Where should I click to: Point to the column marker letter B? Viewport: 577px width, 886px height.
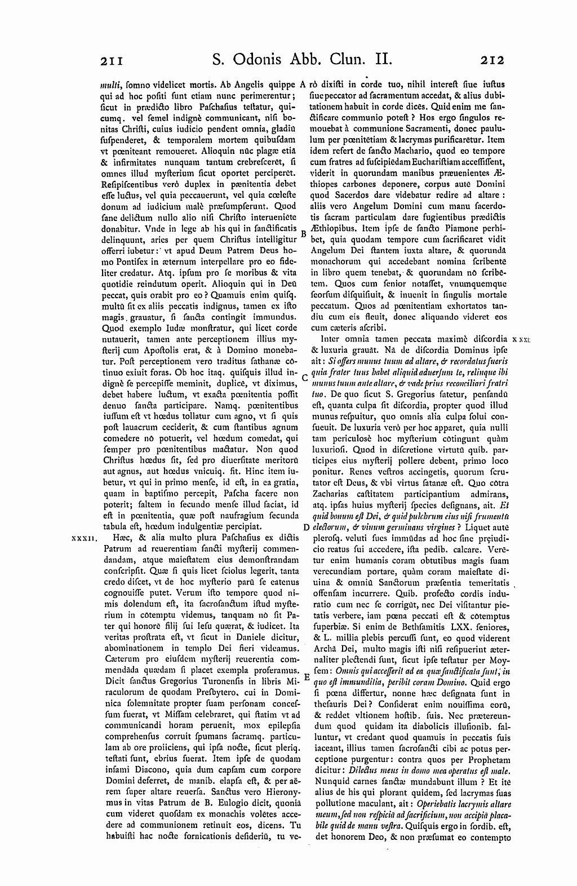click(x=303, y=233)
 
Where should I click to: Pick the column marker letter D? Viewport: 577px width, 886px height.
click(x=305, y=527)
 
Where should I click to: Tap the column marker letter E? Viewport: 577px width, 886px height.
click(x=307, y=676)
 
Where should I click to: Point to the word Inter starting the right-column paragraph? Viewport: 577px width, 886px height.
click(x=330, y=339)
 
